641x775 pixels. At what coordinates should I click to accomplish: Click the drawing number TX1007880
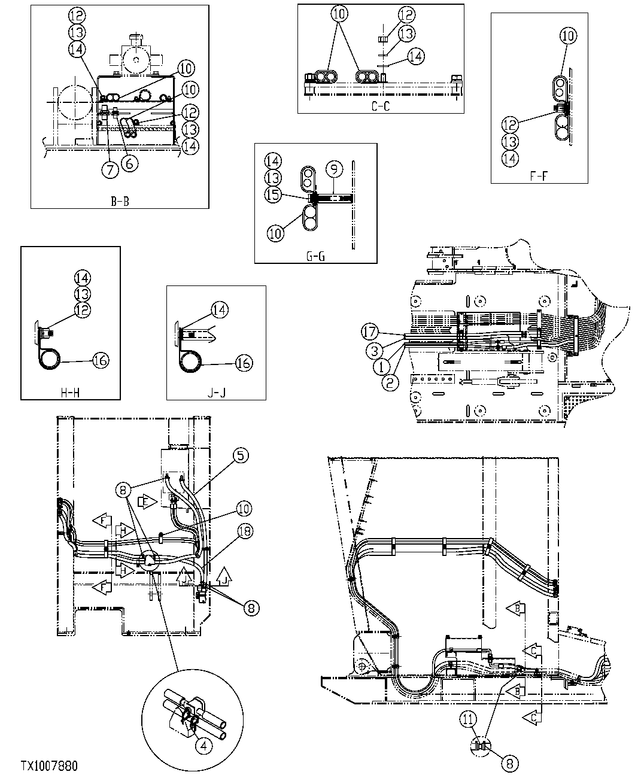click(49, 765)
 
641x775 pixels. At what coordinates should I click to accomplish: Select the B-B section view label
click(120, 201)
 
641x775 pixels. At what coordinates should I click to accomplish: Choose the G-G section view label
click(316, 257)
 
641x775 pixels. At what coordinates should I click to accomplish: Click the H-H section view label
click(70, 393)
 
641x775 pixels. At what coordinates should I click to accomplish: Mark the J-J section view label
click(216, 393)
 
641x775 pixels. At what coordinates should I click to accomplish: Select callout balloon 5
click(240, 455)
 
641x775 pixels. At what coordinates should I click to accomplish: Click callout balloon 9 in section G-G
click(333, 169)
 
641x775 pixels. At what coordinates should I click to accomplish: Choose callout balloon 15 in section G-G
click(274, 195)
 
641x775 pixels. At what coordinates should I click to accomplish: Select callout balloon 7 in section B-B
click(110, 169)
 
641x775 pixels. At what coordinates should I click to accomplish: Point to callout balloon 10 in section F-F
click(568, 36)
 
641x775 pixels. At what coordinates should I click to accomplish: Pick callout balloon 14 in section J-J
click(220, 309)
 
